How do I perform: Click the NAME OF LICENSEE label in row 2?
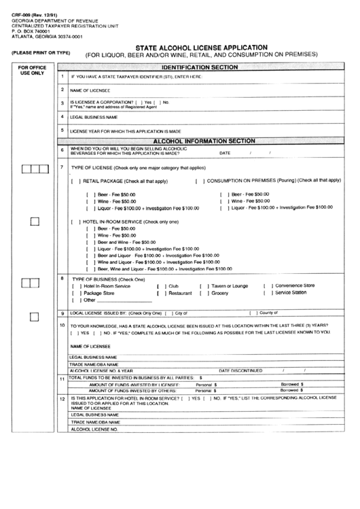[90, 90]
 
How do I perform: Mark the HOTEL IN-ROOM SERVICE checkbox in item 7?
[75, 222]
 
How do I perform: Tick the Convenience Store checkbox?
[266, 286]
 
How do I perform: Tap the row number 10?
[62, 326]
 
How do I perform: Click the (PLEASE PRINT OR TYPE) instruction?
[41, 53]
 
